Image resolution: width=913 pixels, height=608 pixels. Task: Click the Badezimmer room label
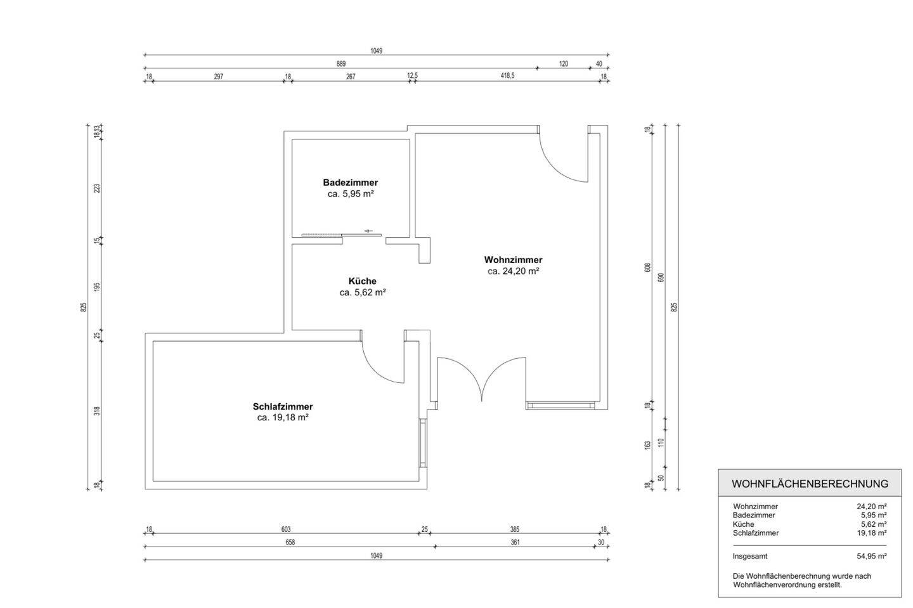(351, 183)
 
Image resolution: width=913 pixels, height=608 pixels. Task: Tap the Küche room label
(363, 281)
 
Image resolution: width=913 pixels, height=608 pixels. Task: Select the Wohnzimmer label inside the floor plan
(513, 259)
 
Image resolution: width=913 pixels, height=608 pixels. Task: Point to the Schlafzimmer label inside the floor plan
(283, 406)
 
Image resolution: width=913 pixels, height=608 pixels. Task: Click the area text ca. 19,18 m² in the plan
(283, 417)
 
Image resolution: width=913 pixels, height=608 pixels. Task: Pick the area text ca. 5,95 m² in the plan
(351, 194)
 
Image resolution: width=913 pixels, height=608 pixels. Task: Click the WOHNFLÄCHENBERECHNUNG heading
(810, 484)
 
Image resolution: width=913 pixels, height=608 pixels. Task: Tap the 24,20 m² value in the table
(872, 507)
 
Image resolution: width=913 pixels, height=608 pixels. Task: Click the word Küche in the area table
(743, 524)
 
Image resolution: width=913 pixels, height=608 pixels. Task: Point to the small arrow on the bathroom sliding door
(368, 231)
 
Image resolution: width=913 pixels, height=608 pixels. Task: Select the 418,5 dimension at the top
(507, 75)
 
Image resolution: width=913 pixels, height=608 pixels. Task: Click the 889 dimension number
(340, 63)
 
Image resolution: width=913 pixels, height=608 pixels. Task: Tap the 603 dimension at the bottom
(286, 529)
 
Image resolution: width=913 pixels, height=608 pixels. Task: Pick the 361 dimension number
(515, 543)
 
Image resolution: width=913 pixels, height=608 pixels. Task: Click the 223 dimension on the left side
(97, 188)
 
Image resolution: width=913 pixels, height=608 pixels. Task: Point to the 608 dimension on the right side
(648, 268)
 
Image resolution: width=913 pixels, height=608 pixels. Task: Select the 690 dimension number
(661, 278)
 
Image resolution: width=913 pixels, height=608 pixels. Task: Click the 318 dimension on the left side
(97, 411)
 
